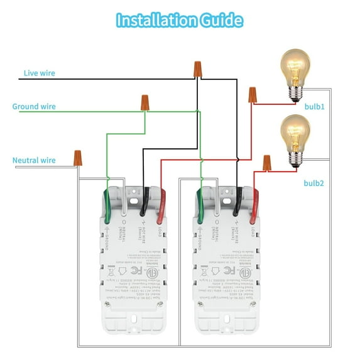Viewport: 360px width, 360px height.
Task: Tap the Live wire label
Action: (x=40, y=74)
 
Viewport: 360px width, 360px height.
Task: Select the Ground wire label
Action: (x=34, y=106)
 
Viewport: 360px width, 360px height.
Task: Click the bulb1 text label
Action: (x=314, y=107)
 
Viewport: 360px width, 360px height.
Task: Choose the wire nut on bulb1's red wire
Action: (x=253, y=95)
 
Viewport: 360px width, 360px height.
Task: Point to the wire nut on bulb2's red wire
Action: (x=266, y=163)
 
